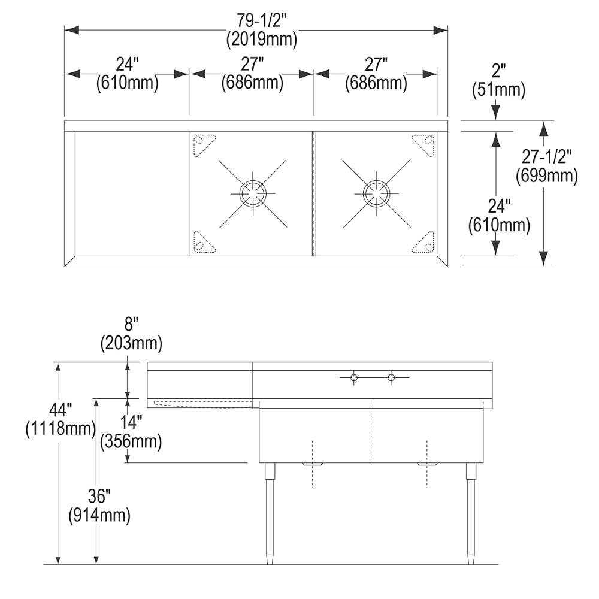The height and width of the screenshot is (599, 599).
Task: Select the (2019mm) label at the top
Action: point(262,41)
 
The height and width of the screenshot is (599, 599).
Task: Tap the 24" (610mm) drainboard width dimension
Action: point(127,74)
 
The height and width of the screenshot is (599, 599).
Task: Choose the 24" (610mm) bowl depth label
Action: point(499,216)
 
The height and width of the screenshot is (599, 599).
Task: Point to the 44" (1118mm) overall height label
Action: point(60,419)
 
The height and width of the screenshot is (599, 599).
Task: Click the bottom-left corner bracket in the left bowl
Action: point(203,243)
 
